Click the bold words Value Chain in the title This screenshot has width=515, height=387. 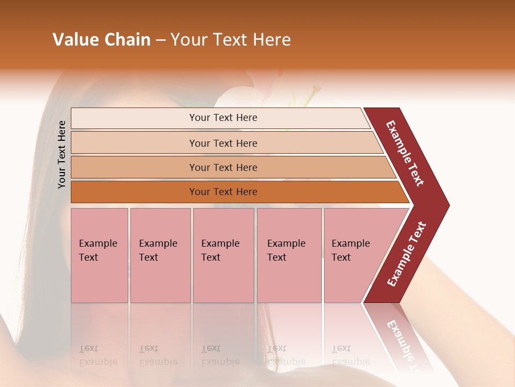pyautogui.click(x=101, y=40)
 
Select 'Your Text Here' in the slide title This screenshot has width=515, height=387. pyautogui.click(x=231, y=40)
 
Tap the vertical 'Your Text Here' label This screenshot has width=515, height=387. pyautogui.click(x=62, y=154)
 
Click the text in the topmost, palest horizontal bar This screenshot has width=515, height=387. pyautogui.click(x=223, y=118)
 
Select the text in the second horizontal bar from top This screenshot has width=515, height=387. pyautogui.click(x=223, y=143)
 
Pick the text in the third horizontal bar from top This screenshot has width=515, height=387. pyautogui.click(x=223, y=167)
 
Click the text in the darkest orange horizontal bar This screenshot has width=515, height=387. pyautogui.click(x=223, y=191)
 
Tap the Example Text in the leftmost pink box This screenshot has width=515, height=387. pyautogui.click(x=98, y=250)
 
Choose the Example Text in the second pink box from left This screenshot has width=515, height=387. pyautogui.click(x=158, y=250)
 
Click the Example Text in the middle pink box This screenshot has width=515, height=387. pyautogui.click(x=220, y=250)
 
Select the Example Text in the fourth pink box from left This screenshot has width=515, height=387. pyautogui.click(x=286, y=250)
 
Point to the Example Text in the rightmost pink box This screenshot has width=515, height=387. pyautogui.click(x=350, y=250)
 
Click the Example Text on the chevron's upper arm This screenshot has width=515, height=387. pyautogui.click(x=405, y=153)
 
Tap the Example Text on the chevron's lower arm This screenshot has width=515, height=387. pyautogui.click(x=407, y=254)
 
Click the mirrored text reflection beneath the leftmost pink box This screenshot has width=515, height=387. pyautogui.click(x=98, y=355)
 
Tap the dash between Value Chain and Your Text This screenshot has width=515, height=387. pyautogui.click(x=160, y=40)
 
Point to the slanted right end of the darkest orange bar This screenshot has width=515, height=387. pyautogui.click(x=404, y=192)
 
